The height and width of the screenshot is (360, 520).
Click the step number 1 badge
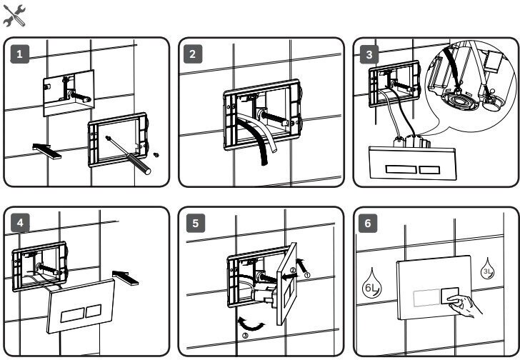tap(21, 54)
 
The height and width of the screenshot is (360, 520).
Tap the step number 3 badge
tap(369, 54)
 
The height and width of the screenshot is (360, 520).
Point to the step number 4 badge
tap(21, 223)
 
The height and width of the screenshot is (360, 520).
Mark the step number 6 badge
tap(369, 223)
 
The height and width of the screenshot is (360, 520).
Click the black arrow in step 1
tap(47, 149)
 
